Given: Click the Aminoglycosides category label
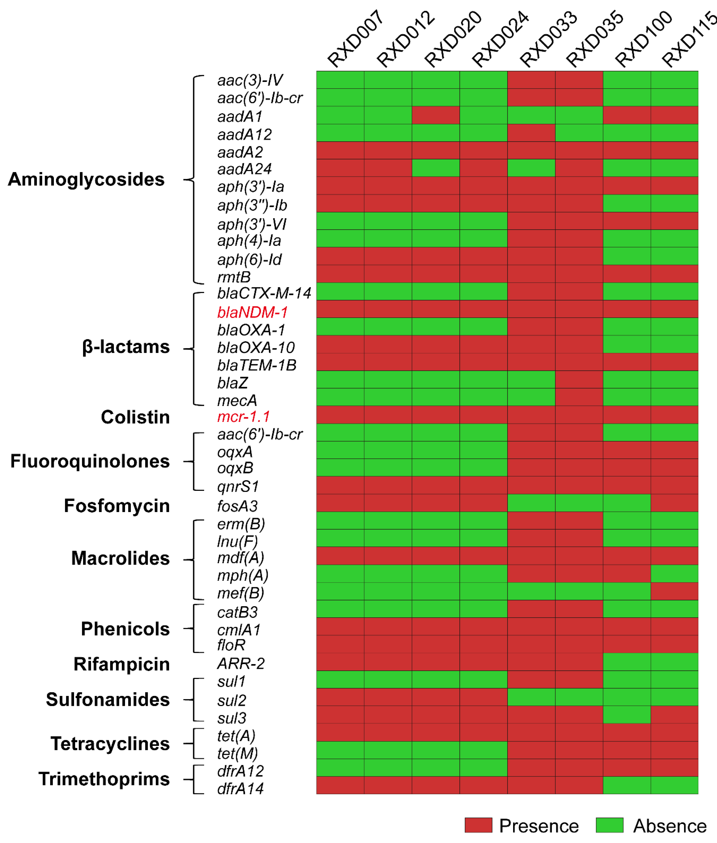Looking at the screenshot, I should (86, 179).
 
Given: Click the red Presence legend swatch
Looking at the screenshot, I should (478, 825).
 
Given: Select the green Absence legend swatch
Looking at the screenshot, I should (609, 825).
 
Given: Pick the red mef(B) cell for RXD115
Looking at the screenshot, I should (674, 591).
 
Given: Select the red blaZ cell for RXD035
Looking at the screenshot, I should (579, 379).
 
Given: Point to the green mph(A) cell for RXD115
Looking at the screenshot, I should (674, 574).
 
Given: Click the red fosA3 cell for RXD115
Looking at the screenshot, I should (674, 503).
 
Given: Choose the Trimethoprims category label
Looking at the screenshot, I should (104, 779).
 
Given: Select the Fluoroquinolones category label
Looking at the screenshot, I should (90, 461).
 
